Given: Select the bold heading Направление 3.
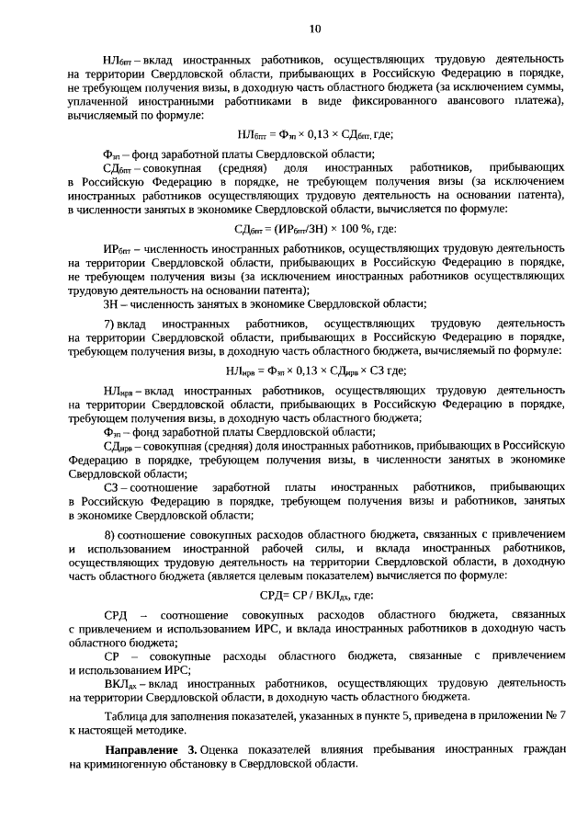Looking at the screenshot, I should [x=151, y=750].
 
